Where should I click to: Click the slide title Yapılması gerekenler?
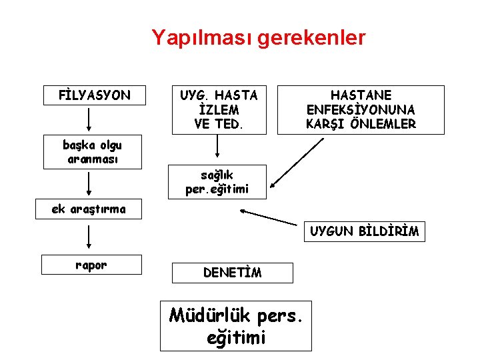[x=258, y=37]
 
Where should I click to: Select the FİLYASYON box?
[x=92, y=95]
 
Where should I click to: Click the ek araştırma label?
[x=89, y=209]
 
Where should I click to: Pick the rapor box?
[x=91, y=265]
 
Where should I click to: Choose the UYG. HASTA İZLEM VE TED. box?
[x=217, y=109]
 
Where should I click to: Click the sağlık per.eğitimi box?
[x=217, y=182]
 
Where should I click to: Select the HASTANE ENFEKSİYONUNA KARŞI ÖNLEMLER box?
[x=361, y=110]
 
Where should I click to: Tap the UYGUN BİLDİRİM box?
[x=364, y=232]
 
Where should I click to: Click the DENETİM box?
[x=232, y=272]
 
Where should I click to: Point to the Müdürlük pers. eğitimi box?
[x=235, y=326]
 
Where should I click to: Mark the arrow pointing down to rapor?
[x=89, y=237]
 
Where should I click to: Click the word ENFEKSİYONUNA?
[x=361, y=110]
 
